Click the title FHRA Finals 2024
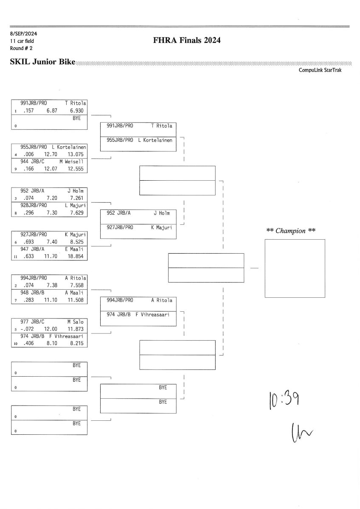coord(187,41)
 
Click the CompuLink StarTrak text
coord(320,70)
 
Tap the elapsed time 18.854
coord(77,256)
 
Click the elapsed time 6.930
coord(77,110)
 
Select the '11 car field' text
coord(22,41)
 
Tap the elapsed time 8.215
coord(77,343)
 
